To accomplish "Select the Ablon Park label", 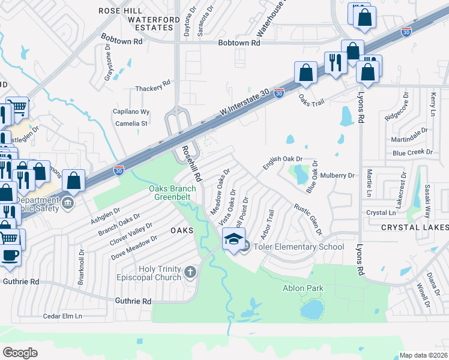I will coord(303,289).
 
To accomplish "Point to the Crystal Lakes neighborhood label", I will coord(415,228).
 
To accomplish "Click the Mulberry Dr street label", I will coord(338,176).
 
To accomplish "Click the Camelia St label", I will coord(131,124).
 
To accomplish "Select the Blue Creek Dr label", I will coord(412,153).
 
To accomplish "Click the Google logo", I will coord(20,352).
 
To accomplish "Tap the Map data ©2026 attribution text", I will coord(423,355).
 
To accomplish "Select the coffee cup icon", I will coord(10,254).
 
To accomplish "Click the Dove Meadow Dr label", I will coord(134,247).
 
